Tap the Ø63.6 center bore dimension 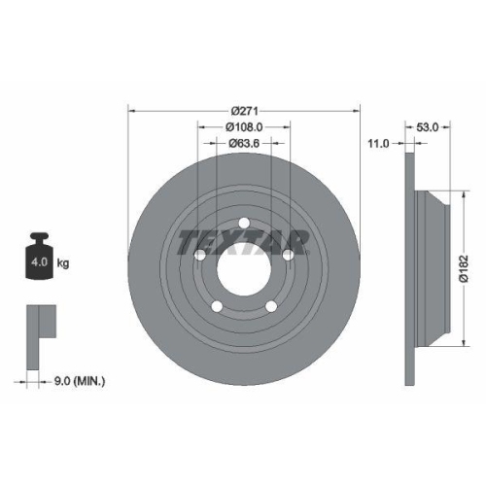click(244, 144)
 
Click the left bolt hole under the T click(201, 254)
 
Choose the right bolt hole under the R click(285, 254)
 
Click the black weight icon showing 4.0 click(41, 260)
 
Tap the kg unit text click(63, 263)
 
